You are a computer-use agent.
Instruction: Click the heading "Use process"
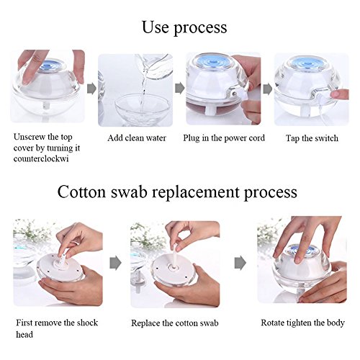click(184, 28)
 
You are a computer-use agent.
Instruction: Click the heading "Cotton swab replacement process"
click(177, 192)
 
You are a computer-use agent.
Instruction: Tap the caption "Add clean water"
click(137, 138)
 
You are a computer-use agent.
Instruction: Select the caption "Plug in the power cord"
click(224, 138)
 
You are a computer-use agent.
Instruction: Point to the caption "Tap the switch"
click(312, 138)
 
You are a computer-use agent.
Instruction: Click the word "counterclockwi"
click(41, 159)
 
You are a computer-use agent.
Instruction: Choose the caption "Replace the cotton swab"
click(175, 323)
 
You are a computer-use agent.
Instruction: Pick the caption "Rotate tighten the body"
click(302, 323)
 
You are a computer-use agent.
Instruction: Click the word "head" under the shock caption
click(24, 334)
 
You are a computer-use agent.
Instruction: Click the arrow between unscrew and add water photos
click(91, 89)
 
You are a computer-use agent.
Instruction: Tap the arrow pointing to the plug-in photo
click(179, 88)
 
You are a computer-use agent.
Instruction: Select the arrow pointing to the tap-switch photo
click(268, 89)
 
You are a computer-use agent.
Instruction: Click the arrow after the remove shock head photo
click(115, 263)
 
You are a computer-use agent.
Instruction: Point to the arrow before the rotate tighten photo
click(240, 263)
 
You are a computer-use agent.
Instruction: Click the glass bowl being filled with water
click(143, 109)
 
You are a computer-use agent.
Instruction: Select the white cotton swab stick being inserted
click(174, 256)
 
